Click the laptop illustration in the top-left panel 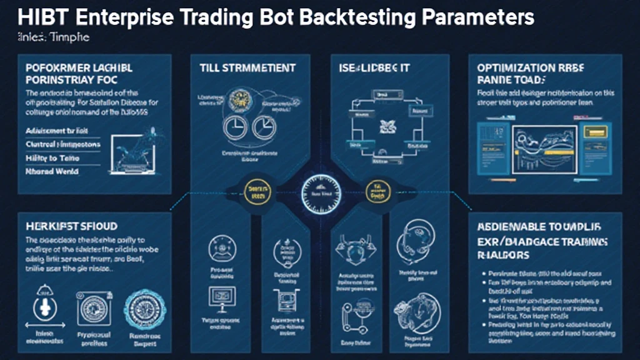[x=136, y=150]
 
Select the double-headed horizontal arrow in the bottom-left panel [x=46, y=326]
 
